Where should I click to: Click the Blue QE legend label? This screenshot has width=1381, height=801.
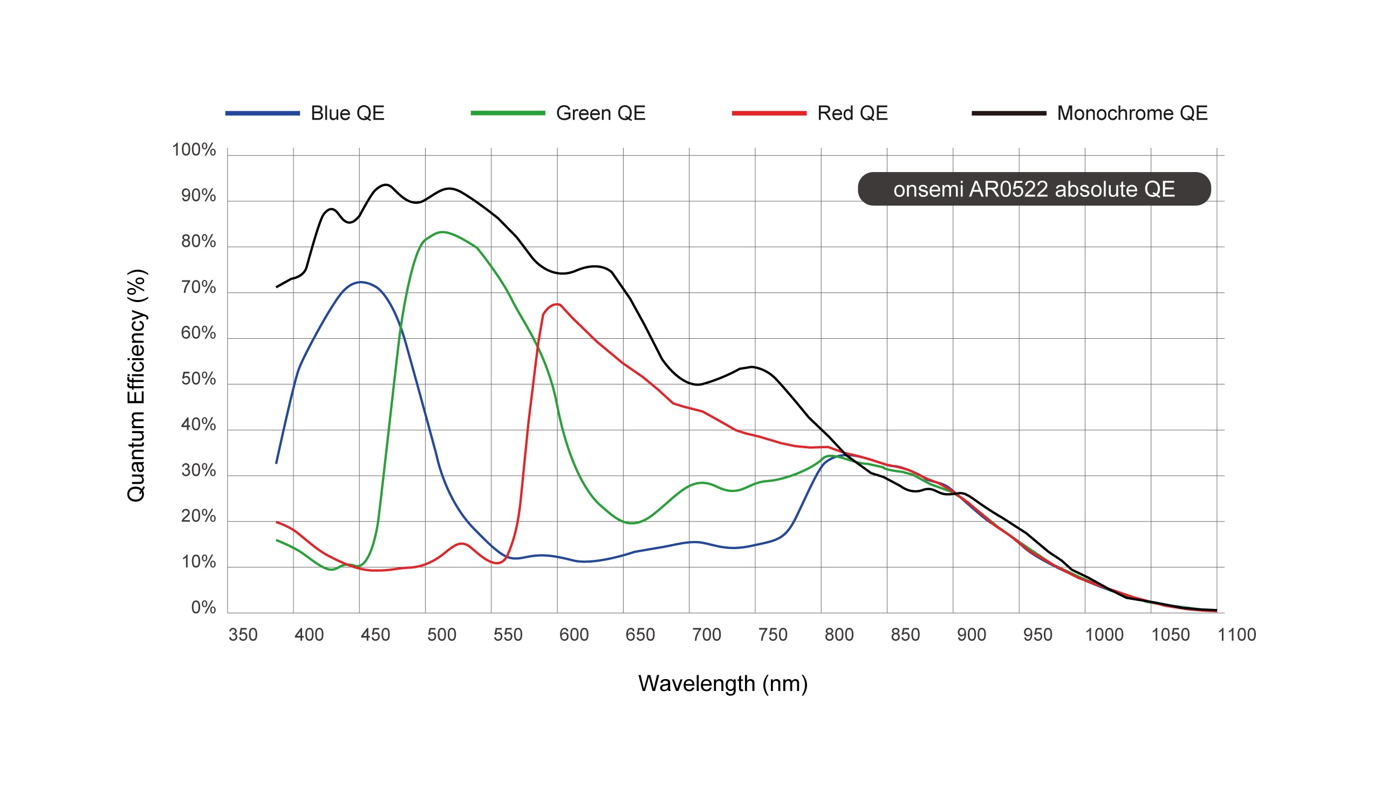(x=347, y=113)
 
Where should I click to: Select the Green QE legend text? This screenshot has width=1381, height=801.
(x=600, y=113)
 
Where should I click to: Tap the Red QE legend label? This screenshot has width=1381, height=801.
(x=852, y=113)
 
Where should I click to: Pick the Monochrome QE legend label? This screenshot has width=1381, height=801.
(x=1132, y=113)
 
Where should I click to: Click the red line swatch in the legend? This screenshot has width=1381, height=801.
(x=769, y=113)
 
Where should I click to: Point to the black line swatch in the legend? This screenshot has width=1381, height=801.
(x=1008, y=113)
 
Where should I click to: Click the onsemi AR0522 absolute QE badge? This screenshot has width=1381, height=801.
(x=1034, y=189)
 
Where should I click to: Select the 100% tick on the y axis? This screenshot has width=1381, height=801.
(x=194, y=150)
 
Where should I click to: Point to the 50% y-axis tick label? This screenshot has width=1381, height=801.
(x=198, y=379)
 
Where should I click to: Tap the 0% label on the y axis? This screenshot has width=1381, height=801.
(x=203, y=607)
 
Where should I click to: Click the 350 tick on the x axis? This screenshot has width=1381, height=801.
(x=243, y=635)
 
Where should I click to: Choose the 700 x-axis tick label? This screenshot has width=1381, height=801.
(x=706, y=635)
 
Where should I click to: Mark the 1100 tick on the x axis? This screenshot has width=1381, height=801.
(x=1236, y=635)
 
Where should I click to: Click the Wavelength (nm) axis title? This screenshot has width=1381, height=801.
(x=722, y=684)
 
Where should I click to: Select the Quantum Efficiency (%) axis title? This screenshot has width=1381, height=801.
(x=136, y=385)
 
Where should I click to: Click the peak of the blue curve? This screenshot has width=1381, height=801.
(x=360, y=282)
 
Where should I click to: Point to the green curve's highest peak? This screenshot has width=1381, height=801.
(x=442, y=232)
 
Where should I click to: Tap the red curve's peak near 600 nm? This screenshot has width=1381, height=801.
(x=557, y=304)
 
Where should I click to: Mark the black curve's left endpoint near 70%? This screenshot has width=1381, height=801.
(x=277, y=287)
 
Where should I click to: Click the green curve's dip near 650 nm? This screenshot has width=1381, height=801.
(x=632, y=523)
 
